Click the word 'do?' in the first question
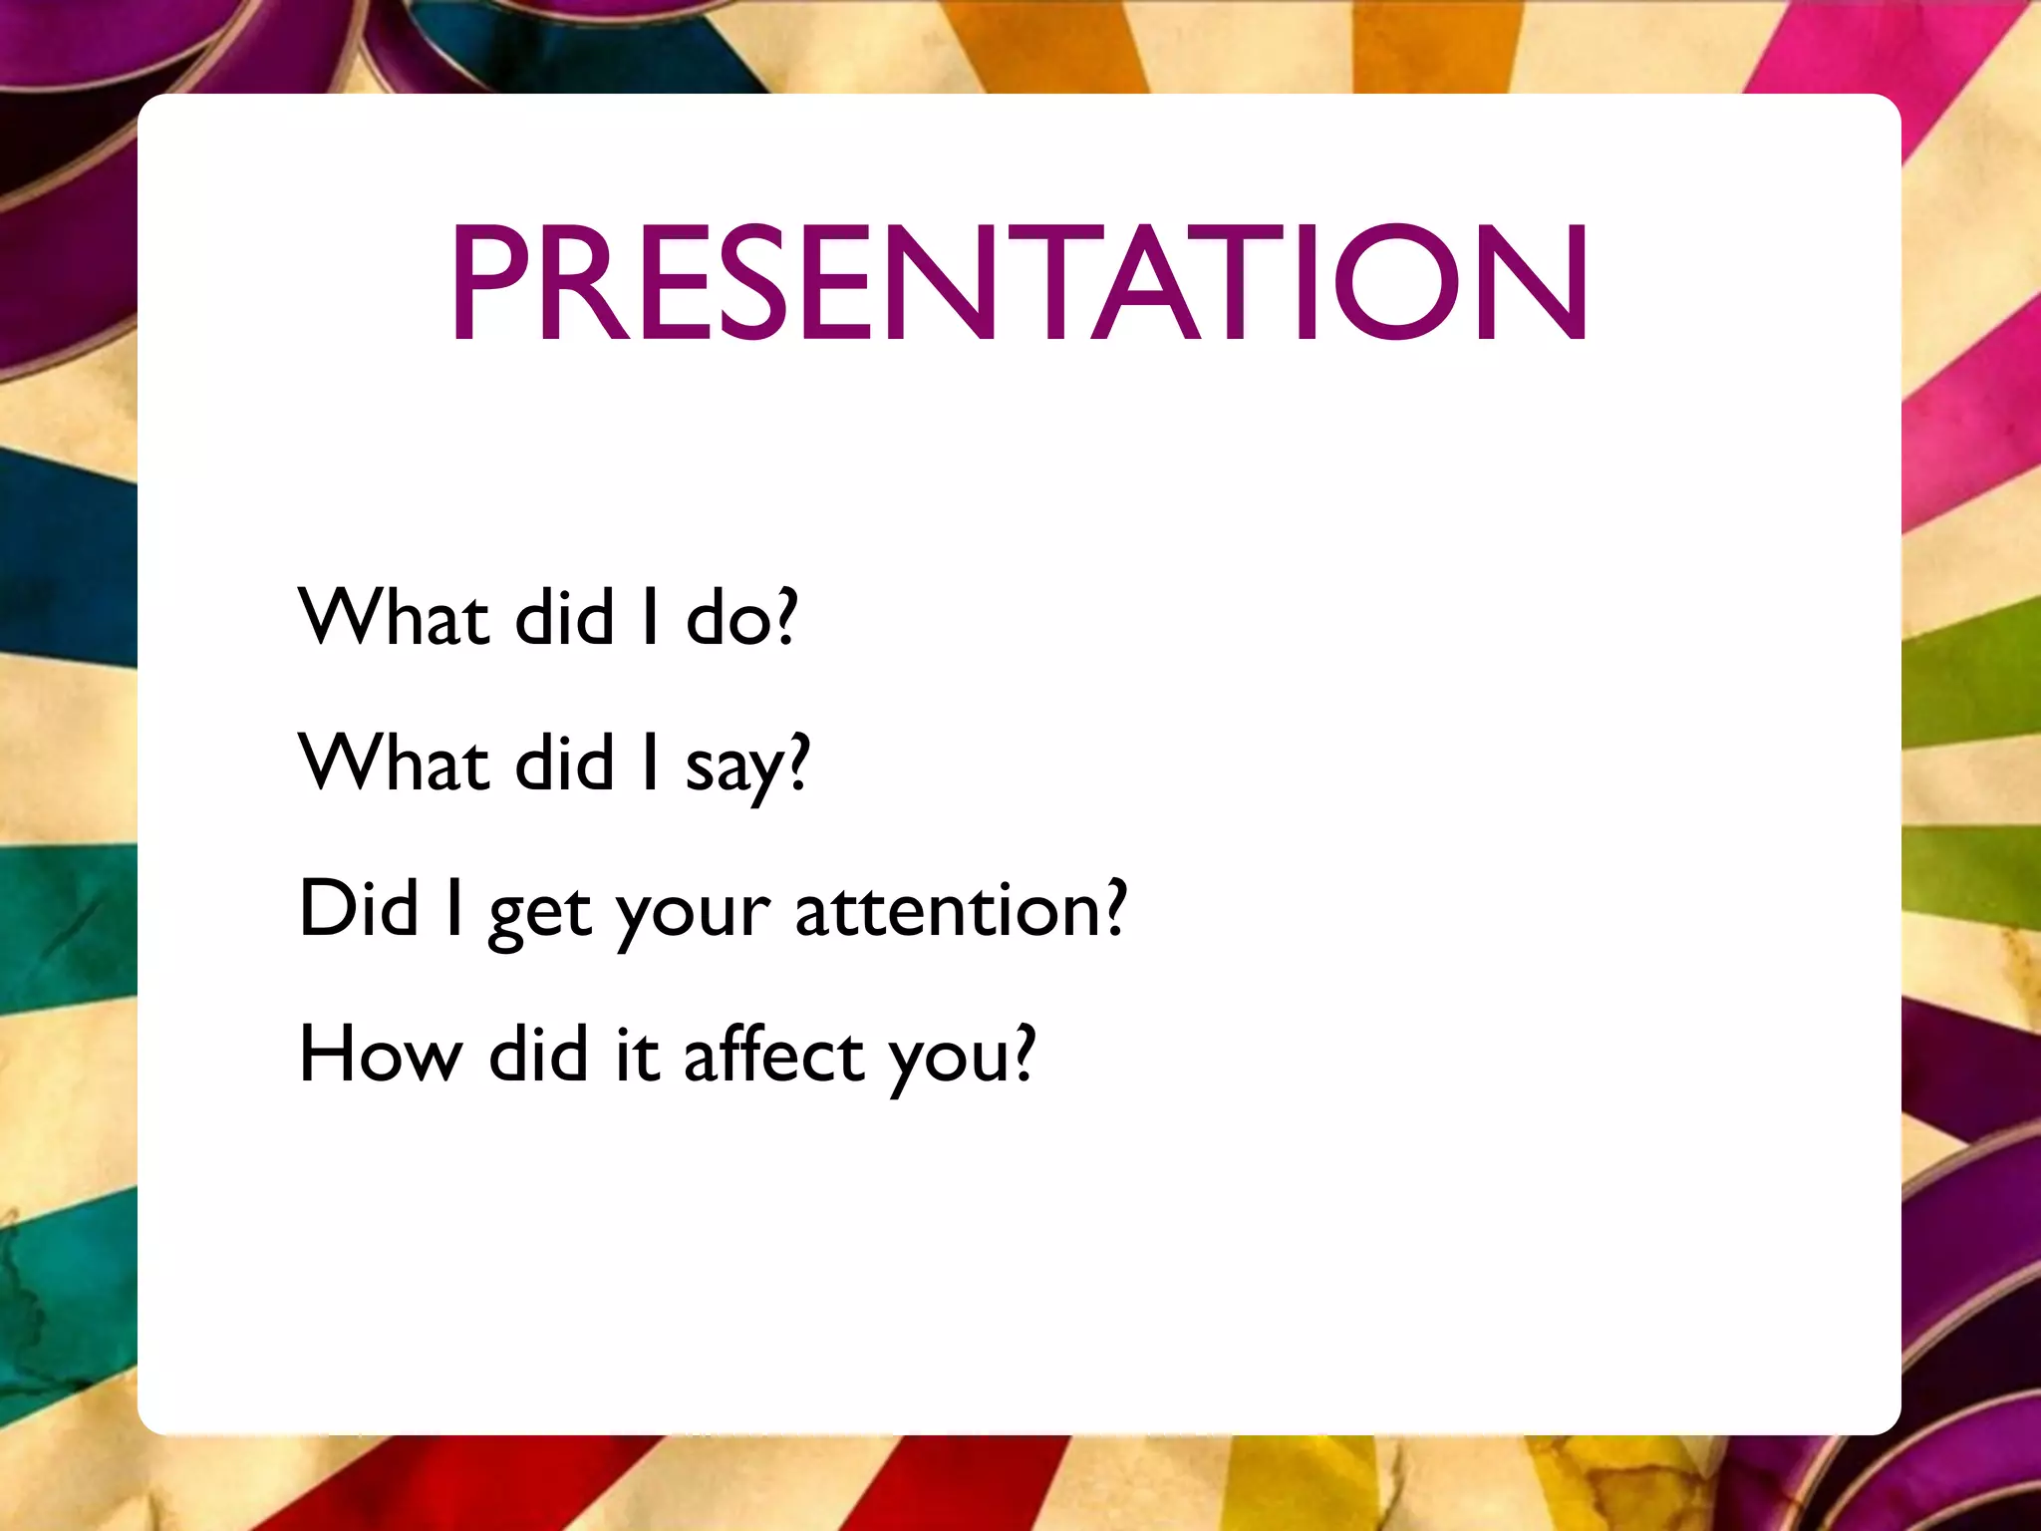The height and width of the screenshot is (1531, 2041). (741, 618)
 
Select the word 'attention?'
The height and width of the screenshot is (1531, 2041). (961, 911)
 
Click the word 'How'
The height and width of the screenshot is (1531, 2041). (381, 1056)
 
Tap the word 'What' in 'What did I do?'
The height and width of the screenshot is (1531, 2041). (393, 618)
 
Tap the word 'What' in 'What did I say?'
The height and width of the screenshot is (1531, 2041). (393, 765)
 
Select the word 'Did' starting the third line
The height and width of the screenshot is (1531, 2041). (358, 909)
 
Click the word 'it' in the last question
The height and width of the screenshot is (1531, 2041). (637, 1056)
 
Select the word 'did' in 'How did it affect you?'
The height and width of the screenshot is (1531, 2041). (538, 1056)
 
